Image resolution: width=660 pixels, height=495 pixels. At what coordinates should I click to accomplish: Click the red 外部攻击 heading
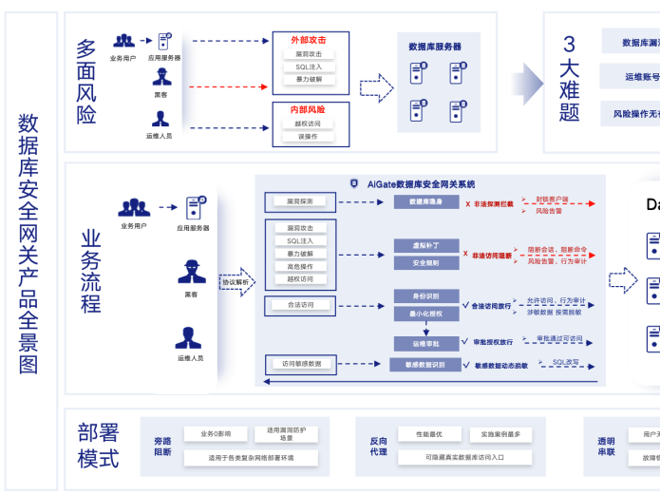[309, 40]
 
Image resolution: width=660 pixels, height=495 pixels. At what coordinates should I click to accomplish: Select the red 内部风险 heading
[309, 109]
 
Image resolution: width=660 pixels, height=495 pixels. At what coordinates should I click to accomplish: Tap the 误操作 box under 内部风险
[309, 136]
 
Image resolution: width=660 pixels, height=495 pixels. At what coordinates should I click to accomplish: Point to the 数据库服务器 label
[435, 46]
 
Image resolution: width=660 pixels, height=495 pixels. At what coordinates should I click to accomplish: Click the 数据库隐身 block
[425, 202]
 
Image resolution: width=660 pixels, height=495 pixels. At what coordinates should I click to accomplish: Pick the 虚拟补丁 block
[425, 246]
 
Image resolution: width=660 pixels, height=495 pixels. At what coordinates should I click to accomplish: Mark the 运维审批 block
[425, 343]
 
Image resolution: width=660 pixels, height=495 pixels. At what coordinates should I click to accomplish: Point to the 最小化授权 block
[425, 312]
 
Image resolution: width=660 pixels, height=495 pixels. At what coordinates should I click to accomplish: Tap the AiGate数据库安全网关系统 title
[427, 184]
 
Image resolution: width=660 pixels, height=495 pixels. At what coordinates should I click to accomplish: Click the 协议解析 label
[236, 282]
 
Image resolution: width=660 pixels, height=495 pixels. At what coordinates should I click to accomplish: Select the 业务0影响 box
[216, 434]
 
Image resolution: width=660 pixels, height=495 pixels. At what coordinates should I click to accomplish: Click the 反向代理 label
[378, 446]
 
